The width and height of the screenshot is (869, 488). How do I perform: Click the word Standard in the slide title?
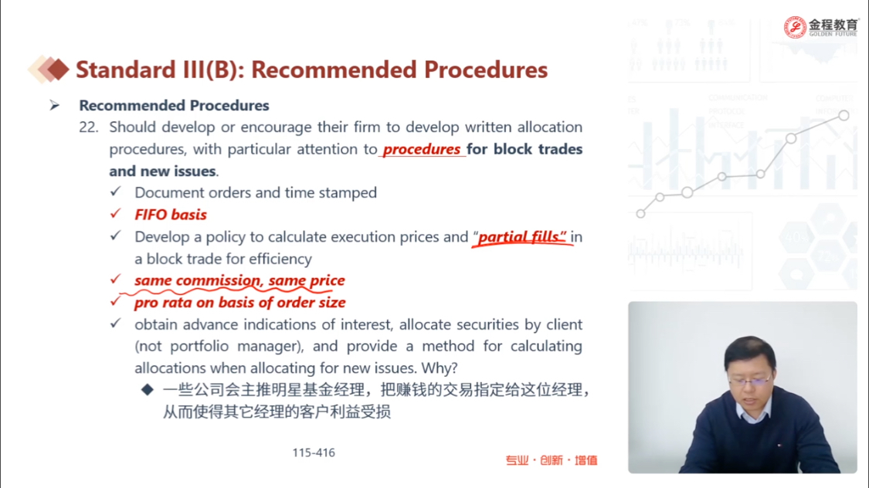(126, 69)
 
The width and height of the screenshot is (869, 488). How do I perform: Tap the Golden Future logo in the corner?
(820, 26)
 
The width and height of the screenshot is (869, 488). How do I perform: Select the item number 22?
(89, 127)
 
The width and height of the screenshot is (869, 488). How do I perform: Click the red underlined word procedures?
(421, 150)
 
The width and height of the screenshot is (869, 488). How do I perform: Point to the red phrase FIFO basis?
(171, 215)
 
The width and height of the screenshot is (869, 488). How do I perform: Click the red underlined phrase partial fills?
(521, 237)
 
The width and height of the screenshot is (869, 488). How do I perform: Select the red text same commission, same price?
(239, 280)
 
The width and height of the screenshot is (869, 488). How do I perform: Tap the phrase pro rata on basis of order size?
(240, 303)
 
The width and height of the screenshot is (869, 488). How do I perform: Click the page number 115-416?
(314, 452)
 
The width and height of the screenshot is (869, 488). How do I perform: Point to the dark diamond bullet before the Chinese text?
(148, 390)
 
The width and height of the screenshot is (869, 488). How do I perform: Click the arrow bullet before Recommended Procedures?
(54, 105)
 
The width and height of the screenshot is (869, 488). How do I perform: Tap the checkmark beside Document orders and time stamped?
(115, 191)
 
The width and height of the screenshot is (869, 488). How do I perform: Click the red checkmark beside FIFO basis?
(115, 214)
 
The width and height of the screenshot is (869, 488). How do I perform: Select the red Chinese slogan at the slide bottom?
(552, 460)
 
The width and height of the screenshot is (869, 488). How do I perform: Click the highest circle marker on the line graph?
(844, 115)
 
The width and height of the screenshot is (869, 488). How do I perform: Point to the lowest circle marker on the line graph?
(640, 213)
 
